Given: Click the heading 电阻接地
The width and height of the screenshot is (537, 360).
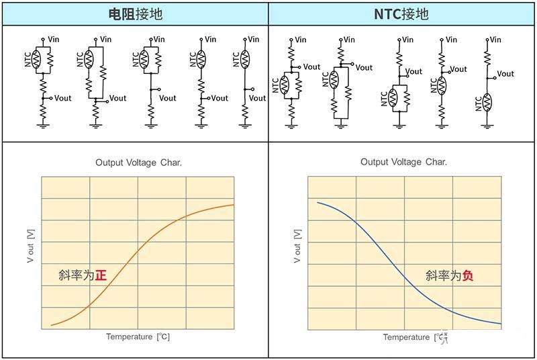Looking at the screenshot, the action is pyautogui.click(x=136, y=14).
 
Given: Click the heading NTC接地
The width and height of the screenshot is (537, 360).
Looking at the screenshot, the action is pyautogui.click(x=401, y=14).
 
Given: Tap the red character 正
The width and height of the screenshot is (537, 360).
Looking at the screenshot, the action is pyautogui.click(x=101, y=275).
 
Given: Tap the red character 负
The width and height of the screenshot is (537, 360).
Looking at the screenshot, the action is pyautogui.click(x=468, y=275).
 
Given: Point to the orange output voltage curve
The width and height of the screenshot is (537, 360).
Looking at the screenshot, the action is pyautogui.click(x=138, y=253).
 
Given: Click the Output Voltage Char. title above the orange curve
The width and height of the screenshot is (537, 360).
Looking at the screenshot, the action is pyautogui.click(x=138, y=163).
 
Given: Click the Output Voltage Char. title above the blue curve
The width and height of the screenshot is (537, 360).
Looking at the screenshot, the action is pyautogui.click(x=403, y=162).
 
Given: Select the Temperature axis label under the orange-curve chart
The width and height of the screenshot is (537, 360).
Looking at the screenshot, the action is pyautogui.click(x=138, y=336).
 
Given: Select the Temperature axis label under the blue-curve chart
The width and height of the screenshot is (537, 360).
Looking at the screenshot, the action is pyautogui.click(x=415, y=337).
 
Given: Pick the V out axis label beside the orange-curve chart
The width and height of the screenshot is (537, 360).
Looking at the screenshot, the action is pyautogui.click(x=30, y=246).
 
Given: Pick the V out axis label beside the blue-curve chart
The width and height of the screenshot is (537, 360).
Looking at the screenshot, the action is pyautogui.click(x=297, y=246).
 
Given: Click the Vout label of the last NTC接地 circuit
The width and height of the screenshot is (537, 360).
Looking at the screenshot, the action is pyautogui.click(x=505, y=74).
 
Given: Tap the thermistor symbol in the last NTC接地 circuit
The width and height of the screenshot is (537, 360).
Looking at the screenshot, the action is pyautogui.click(x=487, y=103).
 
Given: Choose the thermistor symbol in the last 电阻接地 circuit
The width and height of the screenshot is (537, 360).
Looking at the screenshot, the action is pyautogui.click(x=245, y=59).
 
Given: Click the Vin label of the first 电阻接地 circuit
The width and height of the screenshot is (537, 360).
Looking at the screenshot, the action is pyautogui.click(x=54, y=40).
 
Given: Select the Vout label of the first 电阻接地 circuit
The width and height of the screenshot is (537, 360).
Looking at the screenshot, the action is pyautogui.click(x=62, y=98).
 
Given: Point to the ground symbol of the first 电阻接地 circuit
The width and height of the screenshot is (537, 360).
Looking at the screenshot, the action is pyautogui.click(x=43, y=126).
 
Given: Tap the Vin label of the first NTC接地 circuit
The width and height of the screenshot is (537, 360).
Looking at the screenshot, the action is pyautogui.click(x=300, y=40).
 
